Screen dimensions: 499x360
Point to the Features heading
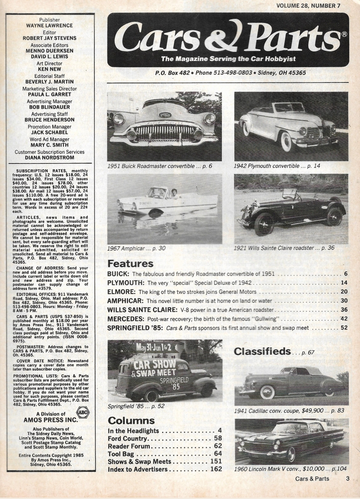[130, 264]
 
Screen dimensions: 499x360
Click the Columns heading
[131, 420]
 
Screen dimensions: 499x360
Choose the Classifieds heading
[262, 351]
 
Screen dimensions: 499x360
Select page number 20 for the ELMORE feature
[343, 292]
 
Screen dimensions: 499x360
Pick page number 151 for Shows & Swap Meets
[216, 461]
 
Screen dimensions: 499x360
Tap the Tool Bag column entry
[121, 454]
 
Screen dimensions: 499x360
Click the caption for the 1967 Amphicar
[136, 248]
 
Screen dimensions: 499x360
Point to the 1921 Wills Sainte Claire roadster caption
[284, 248]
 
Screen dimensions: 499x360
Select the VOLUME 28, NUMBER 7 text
[308, 5]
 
